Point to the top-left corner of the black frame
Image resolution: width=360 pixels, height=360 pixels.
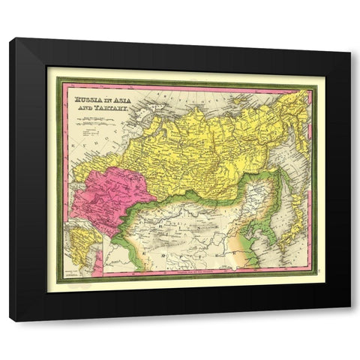coord(11,40)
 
